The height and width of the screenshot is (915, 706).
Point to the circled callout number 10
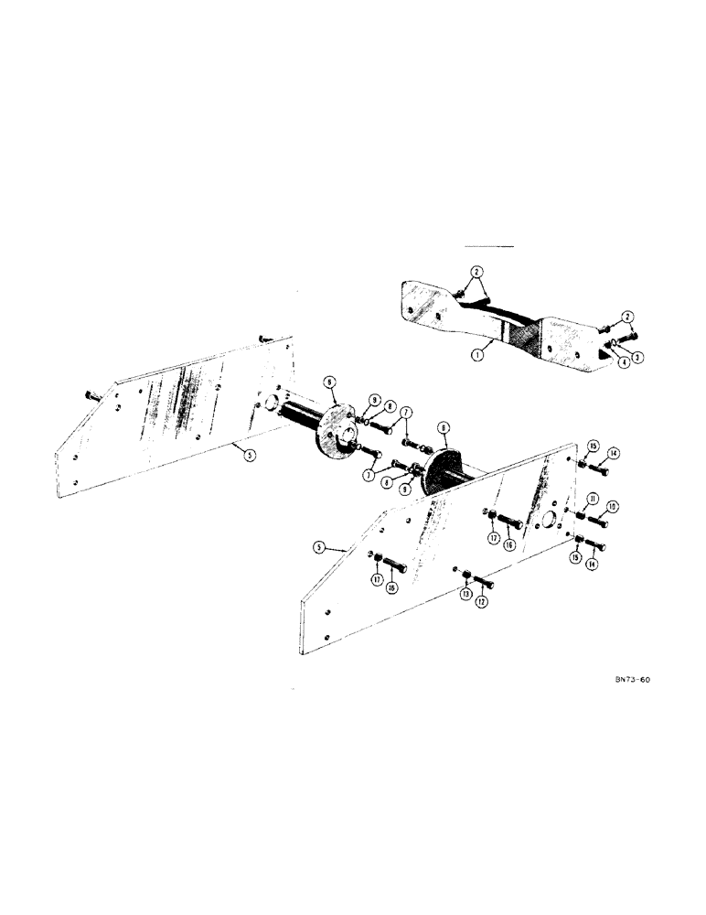click(613, 505)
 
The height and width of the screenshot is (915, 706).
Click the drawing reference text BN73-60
click(632, 680)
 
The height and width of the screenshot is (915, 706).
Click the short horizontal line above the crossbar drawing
click(490, 247)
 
